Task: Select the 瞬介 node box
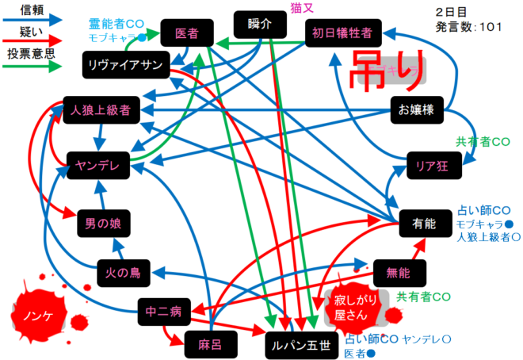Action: [259, 24]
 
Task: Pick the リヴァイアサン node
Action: [124, 64]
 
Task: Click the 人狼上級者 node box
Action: [100, 109]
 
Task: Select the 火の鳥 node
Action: [123, 273]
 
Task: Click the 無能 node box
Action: [399, 272]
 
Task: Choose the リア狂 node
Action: [433, 166]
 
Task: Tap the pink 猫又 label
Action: [300, 8]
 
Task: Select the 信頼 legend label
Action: [32, 10]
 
